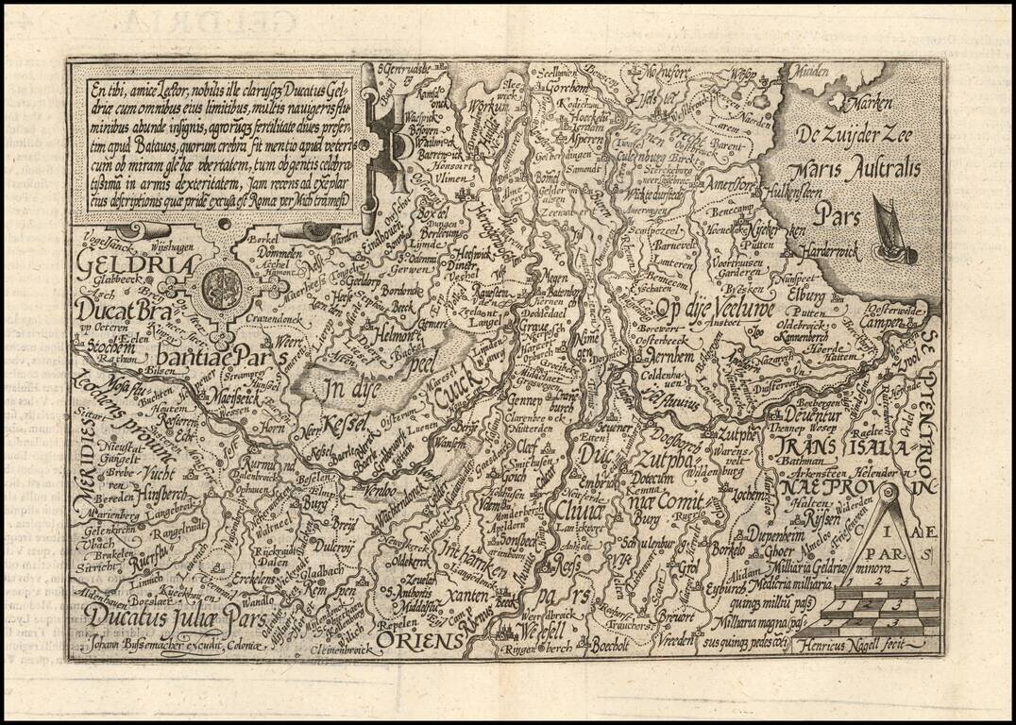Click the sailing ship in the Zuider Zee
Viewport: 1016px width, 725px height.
coord(891,232)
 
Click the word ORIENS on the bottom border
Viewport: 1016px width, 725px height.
coord(422,642)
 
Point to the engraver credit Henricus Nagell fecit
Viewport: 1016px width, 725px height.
coord(838,647)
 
